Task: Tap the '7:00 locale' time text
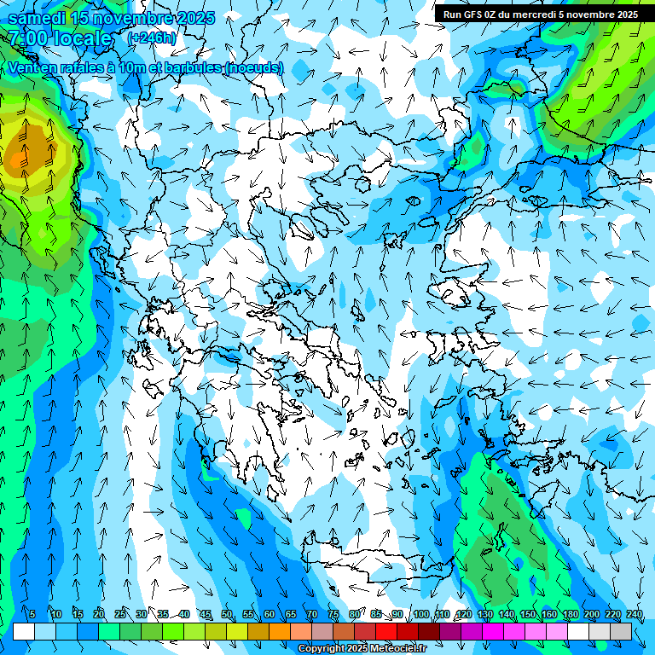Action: coord(60,38)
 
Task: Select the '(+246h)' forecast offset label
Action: coord(152,38)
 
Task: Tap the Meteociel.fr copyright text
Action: coord(374,649)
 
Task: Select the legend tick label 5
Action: coord(32,615)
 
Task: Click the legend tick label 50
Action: coord(227,615)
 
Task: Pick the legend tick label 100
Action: coord(420,615)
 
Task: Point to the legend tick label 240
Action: coord(634,615)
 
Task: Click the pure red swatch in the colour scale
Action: coord(386,631)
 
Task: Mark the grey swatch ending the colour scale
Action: coord(621,631)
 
